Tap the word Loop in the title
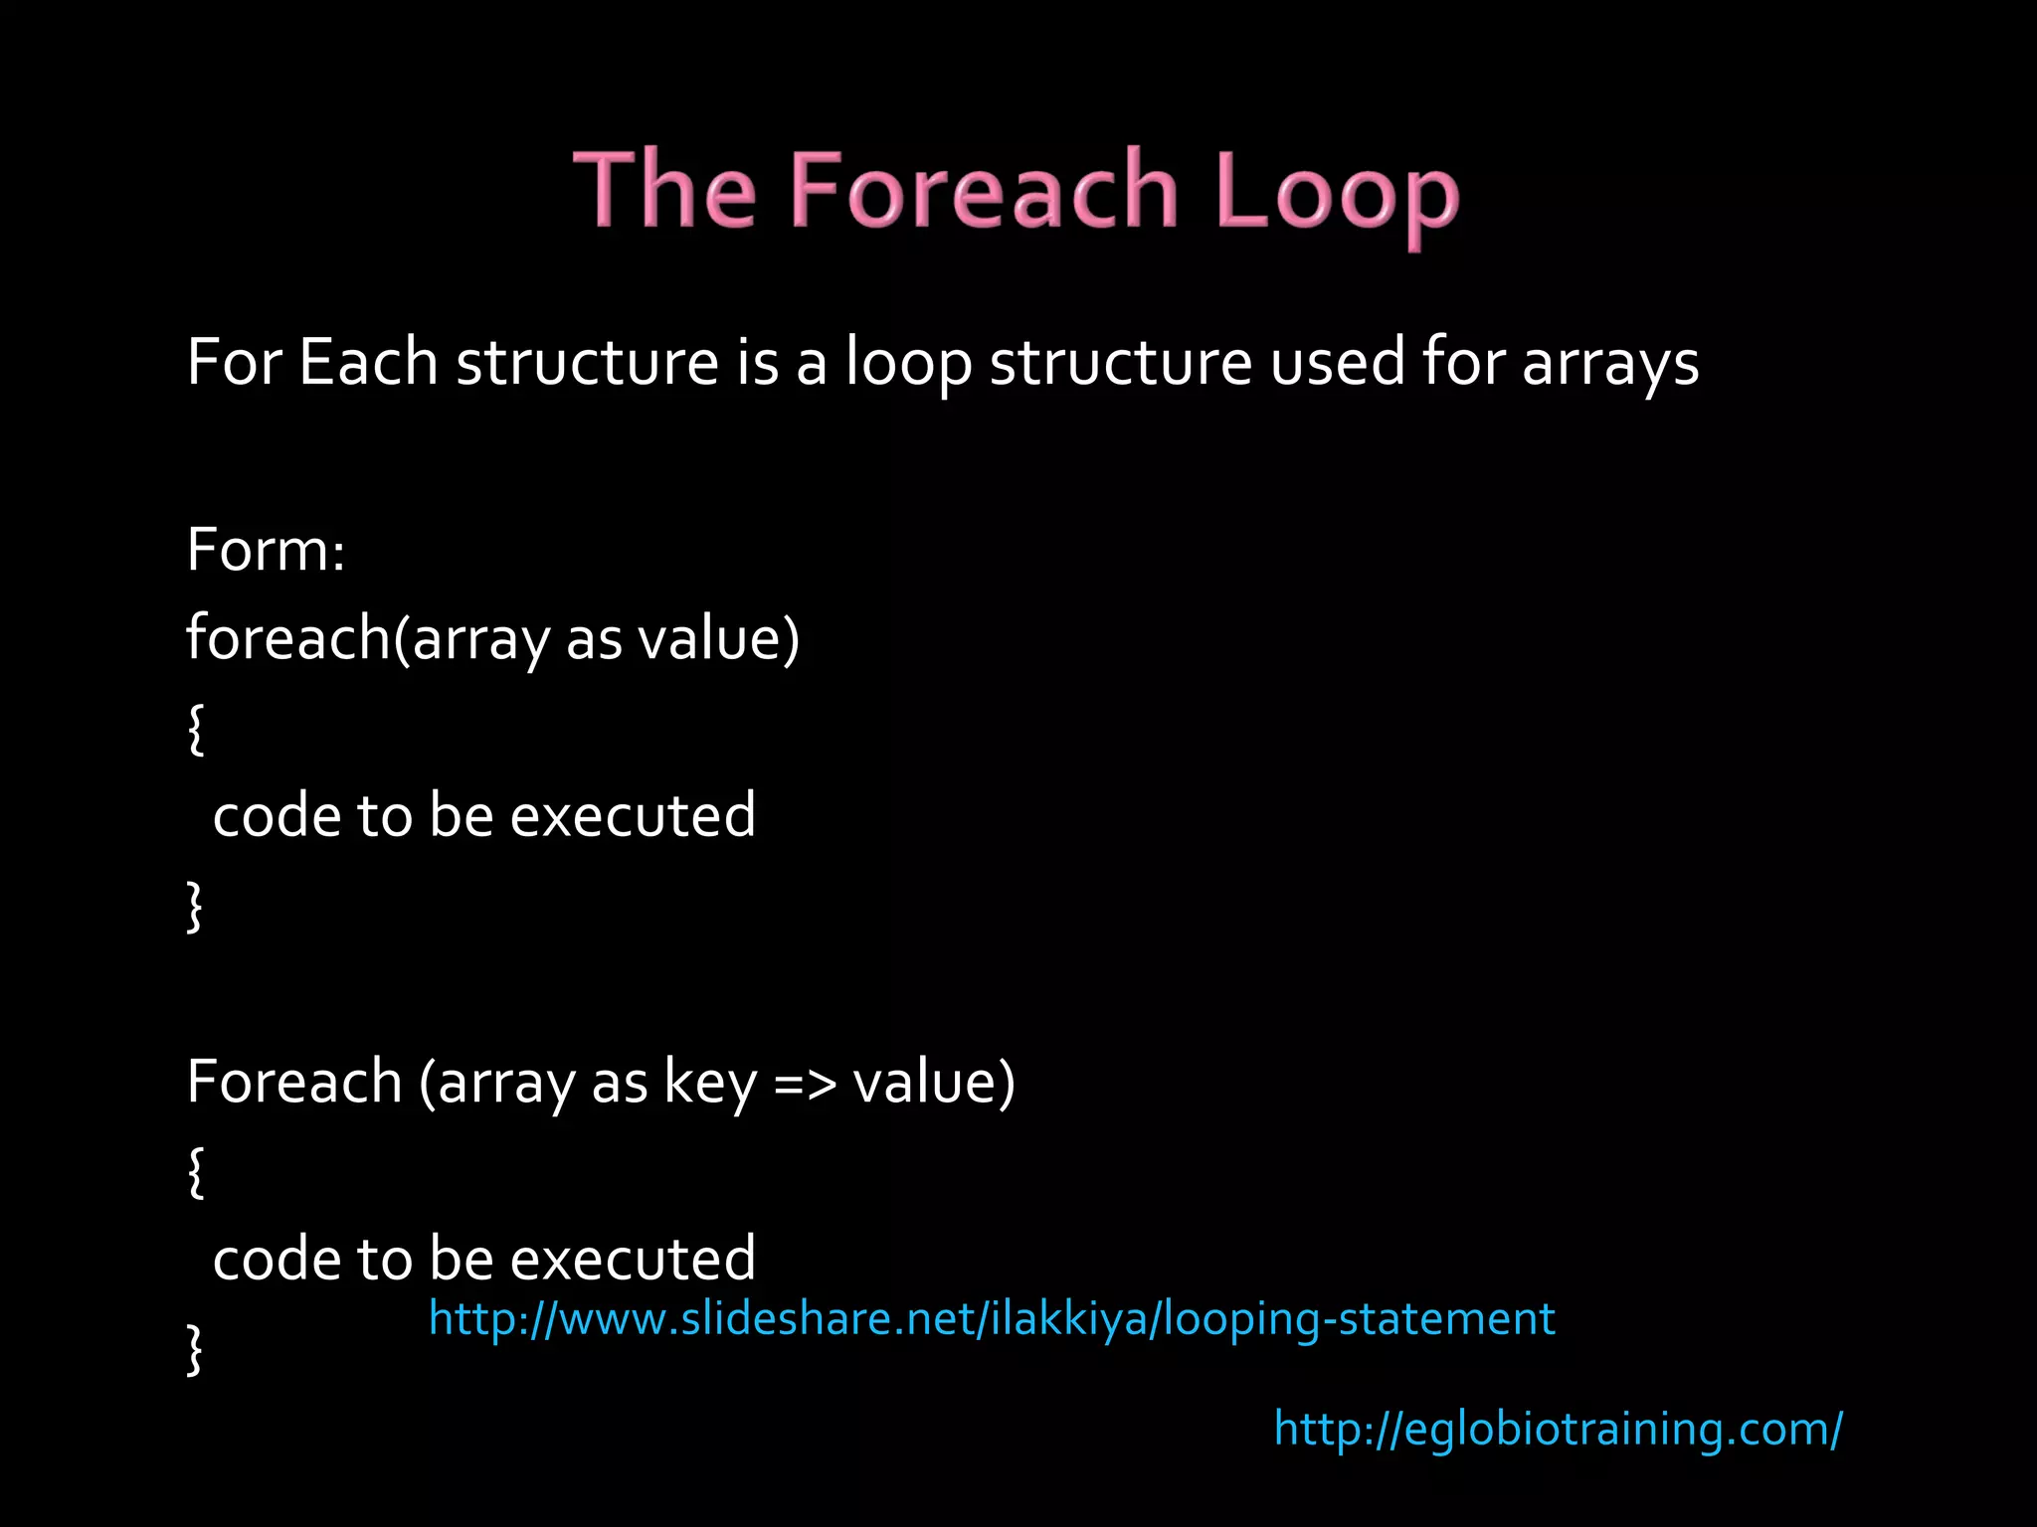(x=1336, y=191)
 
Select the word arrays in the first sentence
(x=1610, y=363)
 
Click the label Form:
(x=266, y=550)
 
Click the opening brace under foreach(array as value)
(x=196, y=729)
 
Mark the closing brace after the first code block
(x=195, y=906)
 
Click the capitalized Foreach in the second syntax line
(x=294, y=1082)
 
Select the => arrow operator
(x=805, y=1084)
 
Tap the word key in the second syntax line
(x=710, y=1082)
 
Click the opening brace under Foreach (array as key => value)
(x=196, y=1172)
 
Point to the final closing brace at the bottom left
(x=195, y=1349)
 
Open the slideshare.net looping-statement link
(x=991, y=1319)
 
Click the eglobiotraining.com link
(x=1558, y=1430)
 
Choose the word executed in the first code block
(x=633, y=816)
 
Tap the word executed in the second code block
(x=633, y=1259)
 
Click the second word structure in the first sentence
(x=1120, y=363)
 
